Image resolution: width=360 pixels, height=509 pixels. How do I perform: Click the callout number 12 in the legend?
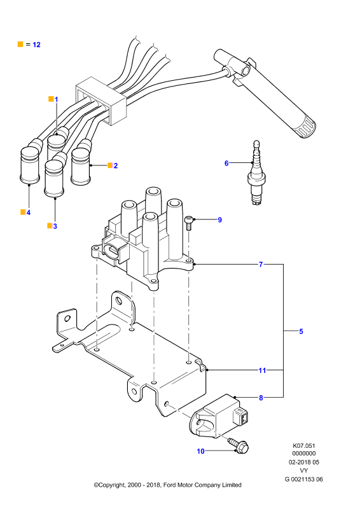click(x=36, y=45)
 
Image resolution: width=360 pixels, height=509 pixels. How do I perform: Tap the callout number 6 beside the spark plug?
click(x=226, y=163)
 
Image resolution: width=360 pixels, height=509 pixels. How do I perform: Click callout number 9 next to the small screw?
click(x=220, y=220)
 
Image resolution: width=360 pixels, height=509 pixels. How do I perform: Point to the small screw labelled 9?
click(x=188, y=223)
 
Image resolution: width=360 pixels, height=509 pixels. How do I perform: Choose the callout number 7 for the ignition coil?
click(x=261, y=265)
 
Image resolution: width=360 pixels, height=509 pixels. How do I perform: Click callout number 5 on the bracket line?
click(x=301, y=331)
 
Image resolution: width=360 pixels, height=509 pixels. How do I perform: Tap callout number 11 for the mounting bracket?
click(x=262, y=370)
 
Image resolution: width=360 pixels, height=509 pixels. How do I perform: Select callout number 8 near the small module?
click(x=261, y=397)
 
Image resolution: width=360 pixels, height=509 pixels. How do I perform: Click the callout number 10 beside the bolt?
click(x=200, y=451)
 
